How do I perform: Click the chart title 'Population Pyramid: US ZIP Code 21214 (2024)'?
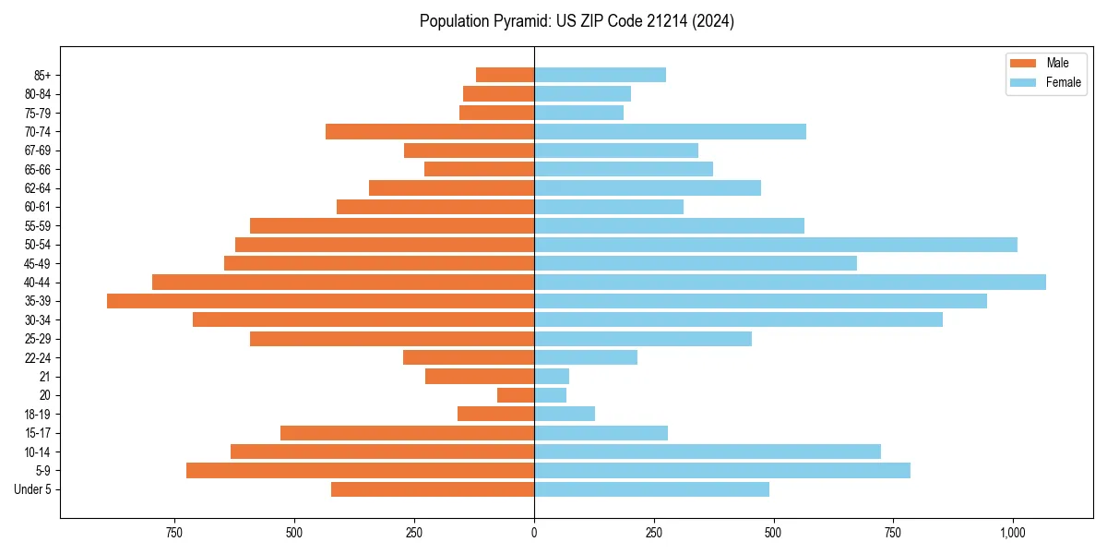[577, 21]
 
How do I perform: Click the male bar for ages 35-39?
[320, 301]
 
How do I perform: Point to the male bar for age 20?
[516, 395]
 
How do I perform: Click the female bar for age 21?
[552, 376]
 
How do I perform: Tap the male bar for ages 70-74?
[430, 132]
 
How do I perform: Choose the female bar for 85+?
[600, 75]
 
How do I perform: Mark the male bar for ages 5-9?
[360, 471]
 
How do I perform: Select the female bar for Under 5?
[651, 489]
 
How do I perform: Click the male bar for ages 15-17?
[407, 433]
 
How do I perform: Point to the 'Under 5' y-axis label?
[32, 489]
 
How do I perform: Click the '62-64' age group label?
[37, 188]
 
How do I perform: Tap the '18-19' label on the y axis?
[37, 415]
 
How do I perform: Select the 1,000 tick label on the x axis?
[1013, 533]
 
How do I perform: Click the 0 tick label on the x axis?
[534, 533]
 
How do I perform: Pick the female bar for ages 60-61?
[609, 207]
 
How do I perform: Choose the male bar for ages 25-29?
[392, 339]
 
